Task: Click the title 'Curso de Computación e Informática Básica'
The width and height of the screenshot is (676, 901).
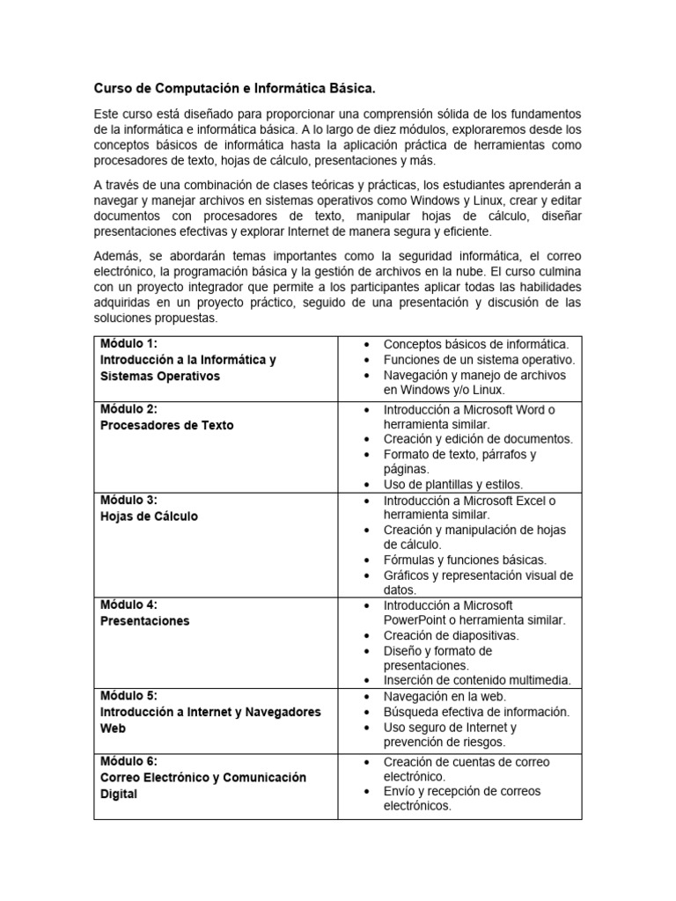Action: coord(234,89)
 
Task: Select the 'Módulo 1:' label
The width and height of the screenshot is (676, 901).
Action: coord(129,343)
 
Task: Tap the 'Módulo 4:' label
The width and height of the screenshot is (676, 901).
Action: coord(129,604)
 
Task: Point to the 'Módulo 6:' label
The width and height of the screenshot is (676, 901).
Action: coord(129,761)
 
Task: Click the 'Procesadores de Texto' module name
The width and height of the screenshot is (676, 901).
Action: coord(167,425)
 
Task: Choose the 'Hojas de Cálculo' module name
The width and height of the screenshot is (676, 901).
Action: coord(149,516)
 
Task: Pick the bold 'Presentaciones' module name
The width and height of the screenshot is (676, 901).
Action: coord(144,620)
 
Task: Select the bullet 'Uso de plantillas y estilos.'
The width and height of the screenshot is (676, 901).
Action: coord(452,484)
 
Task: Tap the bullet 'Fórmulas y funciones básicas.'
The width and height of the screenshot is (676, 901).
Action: coord(465,560)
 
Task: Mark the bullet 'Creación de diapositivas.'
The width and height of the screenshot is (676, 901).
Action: coord(451,635)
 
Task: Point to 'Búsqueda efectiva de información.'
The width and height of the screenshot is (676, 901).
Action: coord(476,712)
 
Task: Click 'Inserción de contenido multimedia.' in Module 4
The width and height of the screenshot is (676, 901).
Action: coord(477,680)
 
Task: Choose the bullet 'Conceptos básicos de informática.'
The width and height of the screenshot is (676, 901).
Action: coord(476,344)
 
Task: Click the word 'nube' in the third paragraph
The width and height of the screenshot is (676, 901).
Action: coord(440,271)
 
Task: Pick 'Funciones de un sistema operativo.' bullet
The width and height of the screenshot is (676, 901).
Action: coord(479,360)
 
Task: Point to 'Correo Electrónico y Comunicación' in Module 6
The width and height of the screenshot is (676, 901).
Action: coord(202,777)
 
